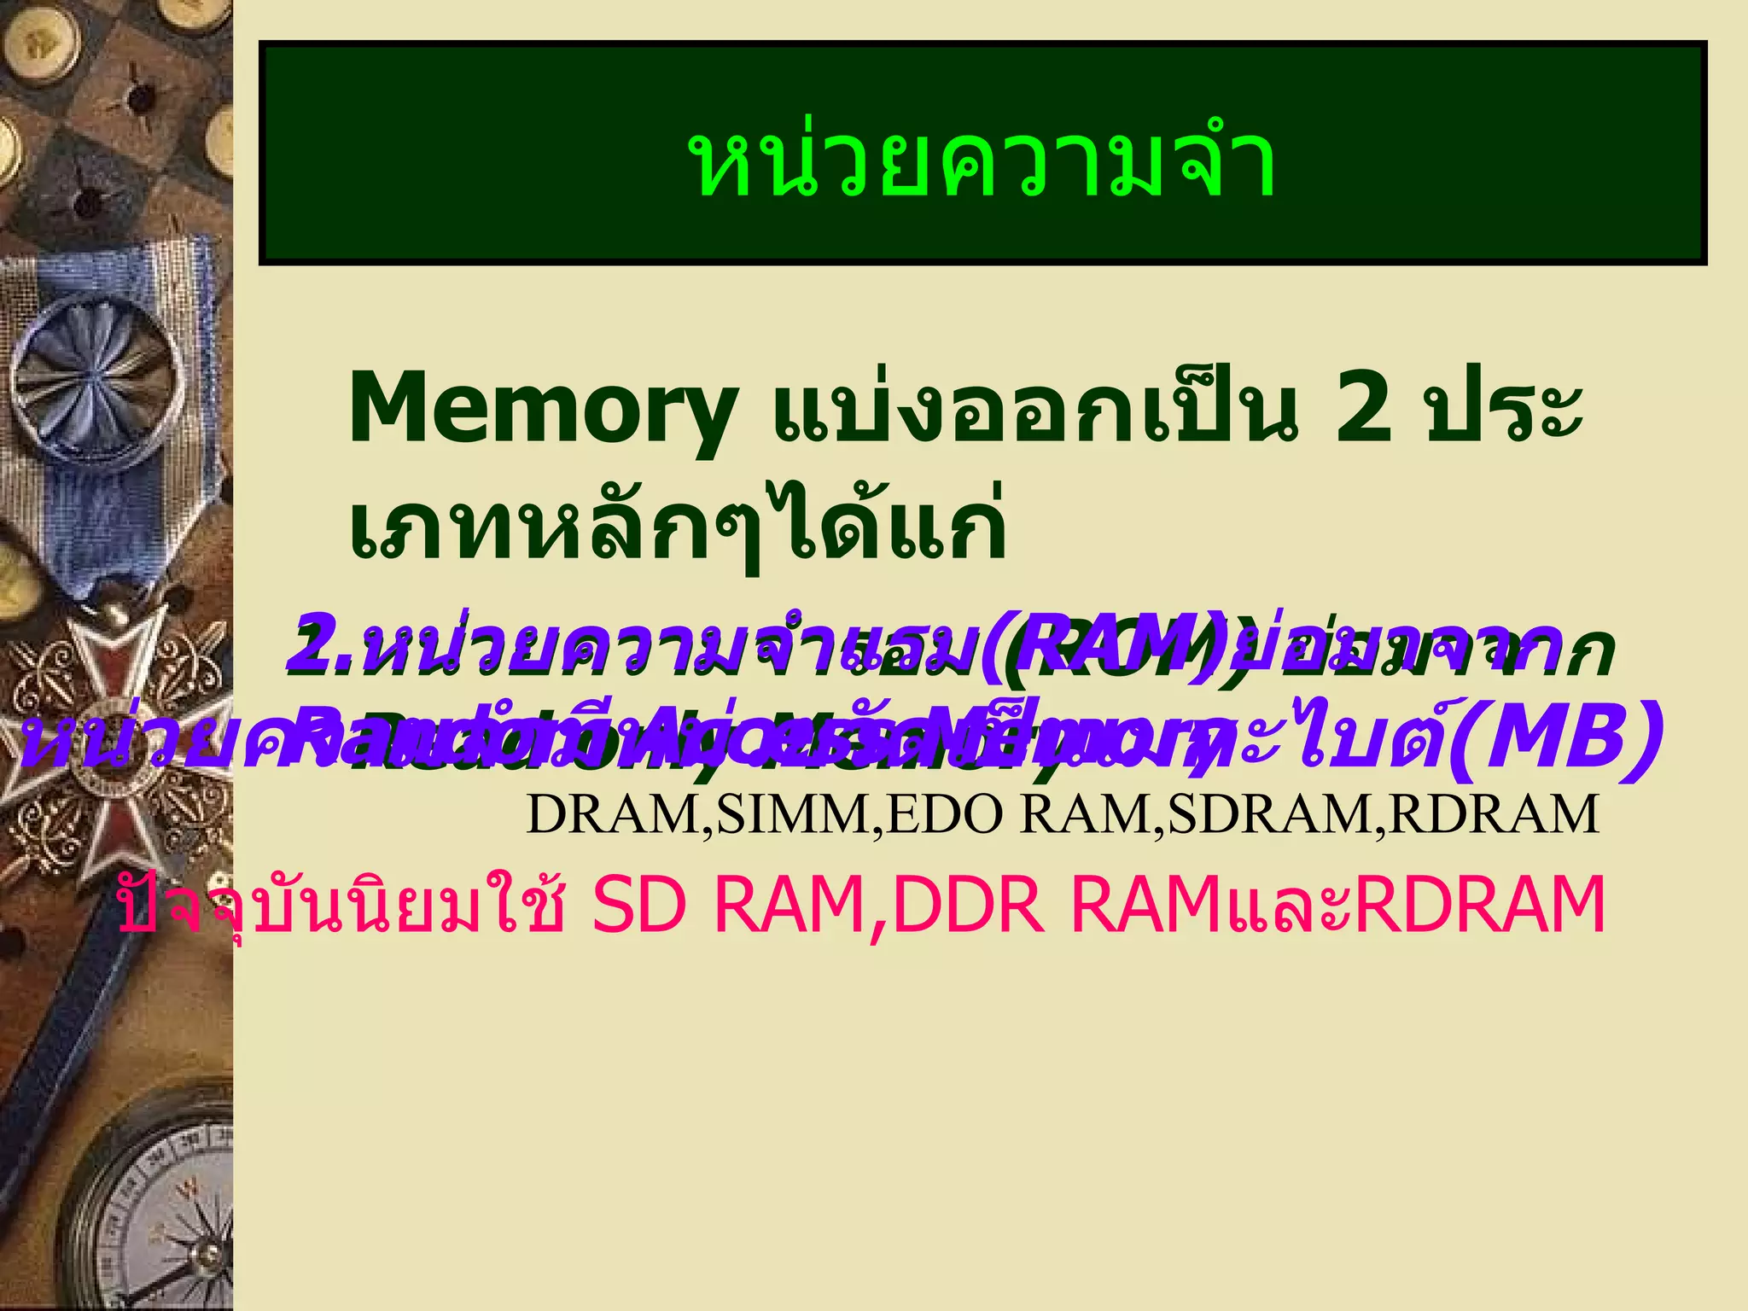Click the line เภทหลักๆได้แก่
point(679,522)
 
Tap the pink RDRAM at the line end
point(1481,905)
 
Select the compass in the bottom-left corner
point(154,1212)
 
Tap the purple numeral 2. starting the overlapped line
point(320,647)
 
